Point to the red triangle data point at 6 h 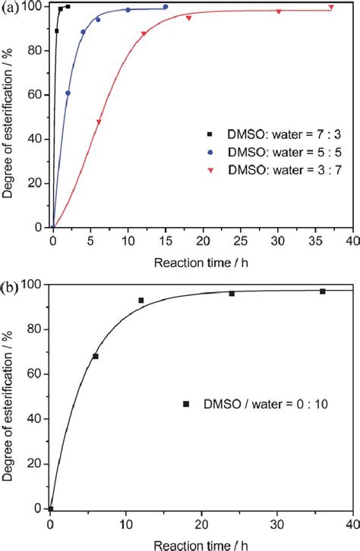click(x=99, y=122)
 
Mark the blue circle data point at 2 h click(x=68, y=93)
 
